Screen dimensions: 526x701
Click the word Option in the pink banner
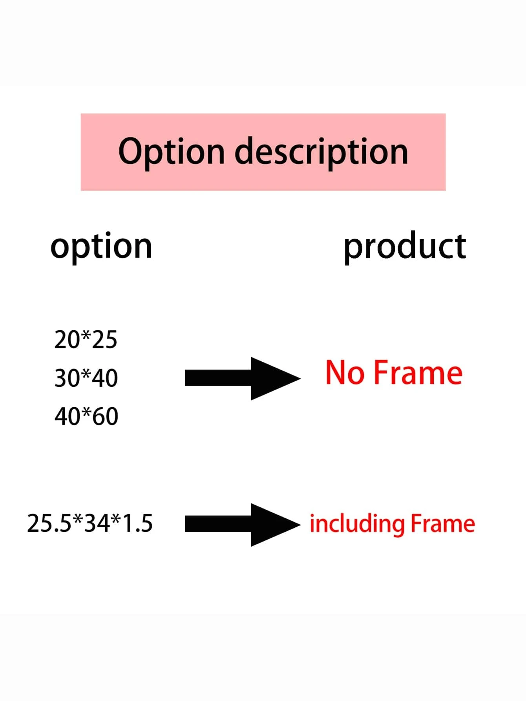coord(172,152)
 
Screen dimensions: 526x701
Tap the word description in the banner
coord(321,152)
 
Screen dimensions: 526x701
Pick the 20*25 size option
coord(86,340)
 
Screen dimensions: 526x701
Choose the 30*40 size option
coord(86,378)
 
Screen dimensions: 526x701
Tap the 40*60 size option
coord(86,416)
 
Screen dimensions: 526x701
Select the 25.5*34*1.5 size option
coord(90,523)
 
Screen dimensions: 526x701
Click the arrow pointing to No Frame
coord(243,379)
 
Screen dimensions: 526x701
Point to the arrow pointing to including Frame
coord(243,525)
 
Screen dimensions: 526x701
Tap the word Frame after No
coord(418,373)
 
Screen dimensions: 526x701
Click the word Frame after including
coord(443,524)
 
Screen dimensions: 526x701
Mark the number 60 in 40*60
coord(105,416)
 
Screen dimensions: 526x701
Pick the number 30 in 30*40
coord(67,378)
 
